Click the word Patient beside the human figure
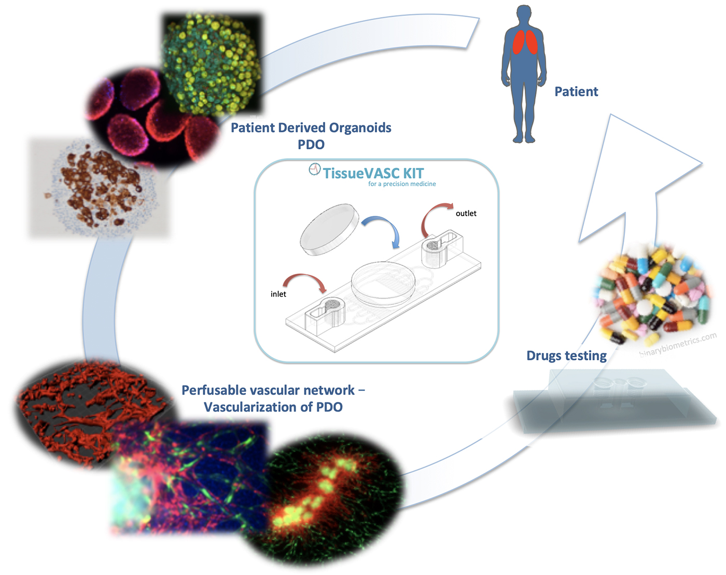(x=576, y=91)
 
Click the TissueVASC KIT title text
(x=373, y=173)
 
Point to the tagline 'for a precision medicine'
(x=402, y=184)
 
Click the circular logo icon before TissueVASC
(x=315, y=169)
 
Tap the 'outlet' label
(x=466, y=213)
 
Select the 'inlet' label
(x=278, y=294)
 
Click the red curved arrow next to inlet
(x=304, y=277)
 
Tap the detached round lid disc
(x=329, y=229)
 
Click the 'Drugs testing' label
(x=566, y=356)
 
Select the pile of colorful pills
(x=653, y=293)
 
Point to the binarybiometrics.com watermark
(x=678, y=344)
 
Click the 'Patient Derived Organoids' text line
(x=311, y=128)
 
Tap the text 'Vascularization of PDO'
(x=273, y=407)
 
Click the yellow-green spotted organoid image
(x=212, y=64)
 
